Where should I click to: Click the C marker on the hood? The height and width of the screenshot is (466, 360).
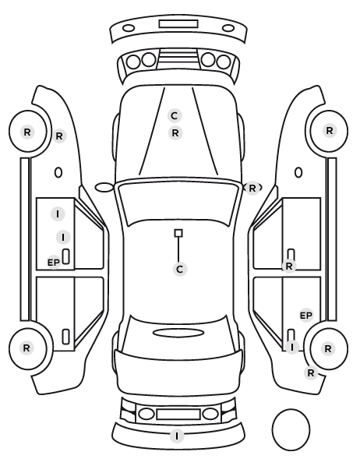(175, 115)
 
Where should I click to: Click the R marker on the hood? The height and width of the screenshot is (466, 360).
(175, 132)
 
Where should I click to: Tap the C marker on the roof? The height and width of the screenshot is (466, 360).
(180, 270)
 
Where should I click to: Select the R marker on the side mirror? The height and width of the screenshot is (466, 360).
(252, 188)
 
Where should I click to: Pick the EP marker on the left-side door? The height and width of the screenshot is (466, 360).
(54, 263)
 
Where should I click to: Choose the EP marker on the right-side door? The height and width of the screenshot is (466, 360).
(306, 316)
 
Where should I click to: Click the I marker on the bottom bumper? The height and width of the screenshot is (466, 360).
(177, 436)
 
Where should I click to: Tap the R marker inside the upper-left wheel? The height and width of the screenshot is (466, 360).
(27, 132)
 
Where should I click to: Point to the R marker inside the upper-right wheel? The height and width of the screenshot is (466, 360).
(330, 130)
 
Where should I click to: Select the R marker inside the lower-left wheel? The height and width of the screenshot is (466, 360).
(26, 348)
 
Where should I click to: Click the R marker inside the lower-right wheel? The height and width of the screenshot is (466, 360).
(328, 348)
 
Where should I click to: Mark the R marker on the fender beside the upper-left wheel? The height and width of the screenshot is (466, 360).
(59, 136)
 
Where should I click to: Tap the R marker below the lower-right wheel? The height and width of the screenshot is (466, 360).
(311, 372)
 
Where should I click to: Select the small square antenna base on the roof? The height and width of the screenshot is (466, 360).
(178, 233)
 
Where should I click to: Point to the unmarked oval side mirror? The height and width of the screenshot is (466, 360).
(104, 188)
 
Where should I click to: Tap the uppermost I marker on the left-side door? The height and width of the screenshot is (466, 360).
(58, 214)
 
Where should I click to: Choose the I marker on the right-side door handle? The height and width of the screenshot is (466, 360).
(292, 347)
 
